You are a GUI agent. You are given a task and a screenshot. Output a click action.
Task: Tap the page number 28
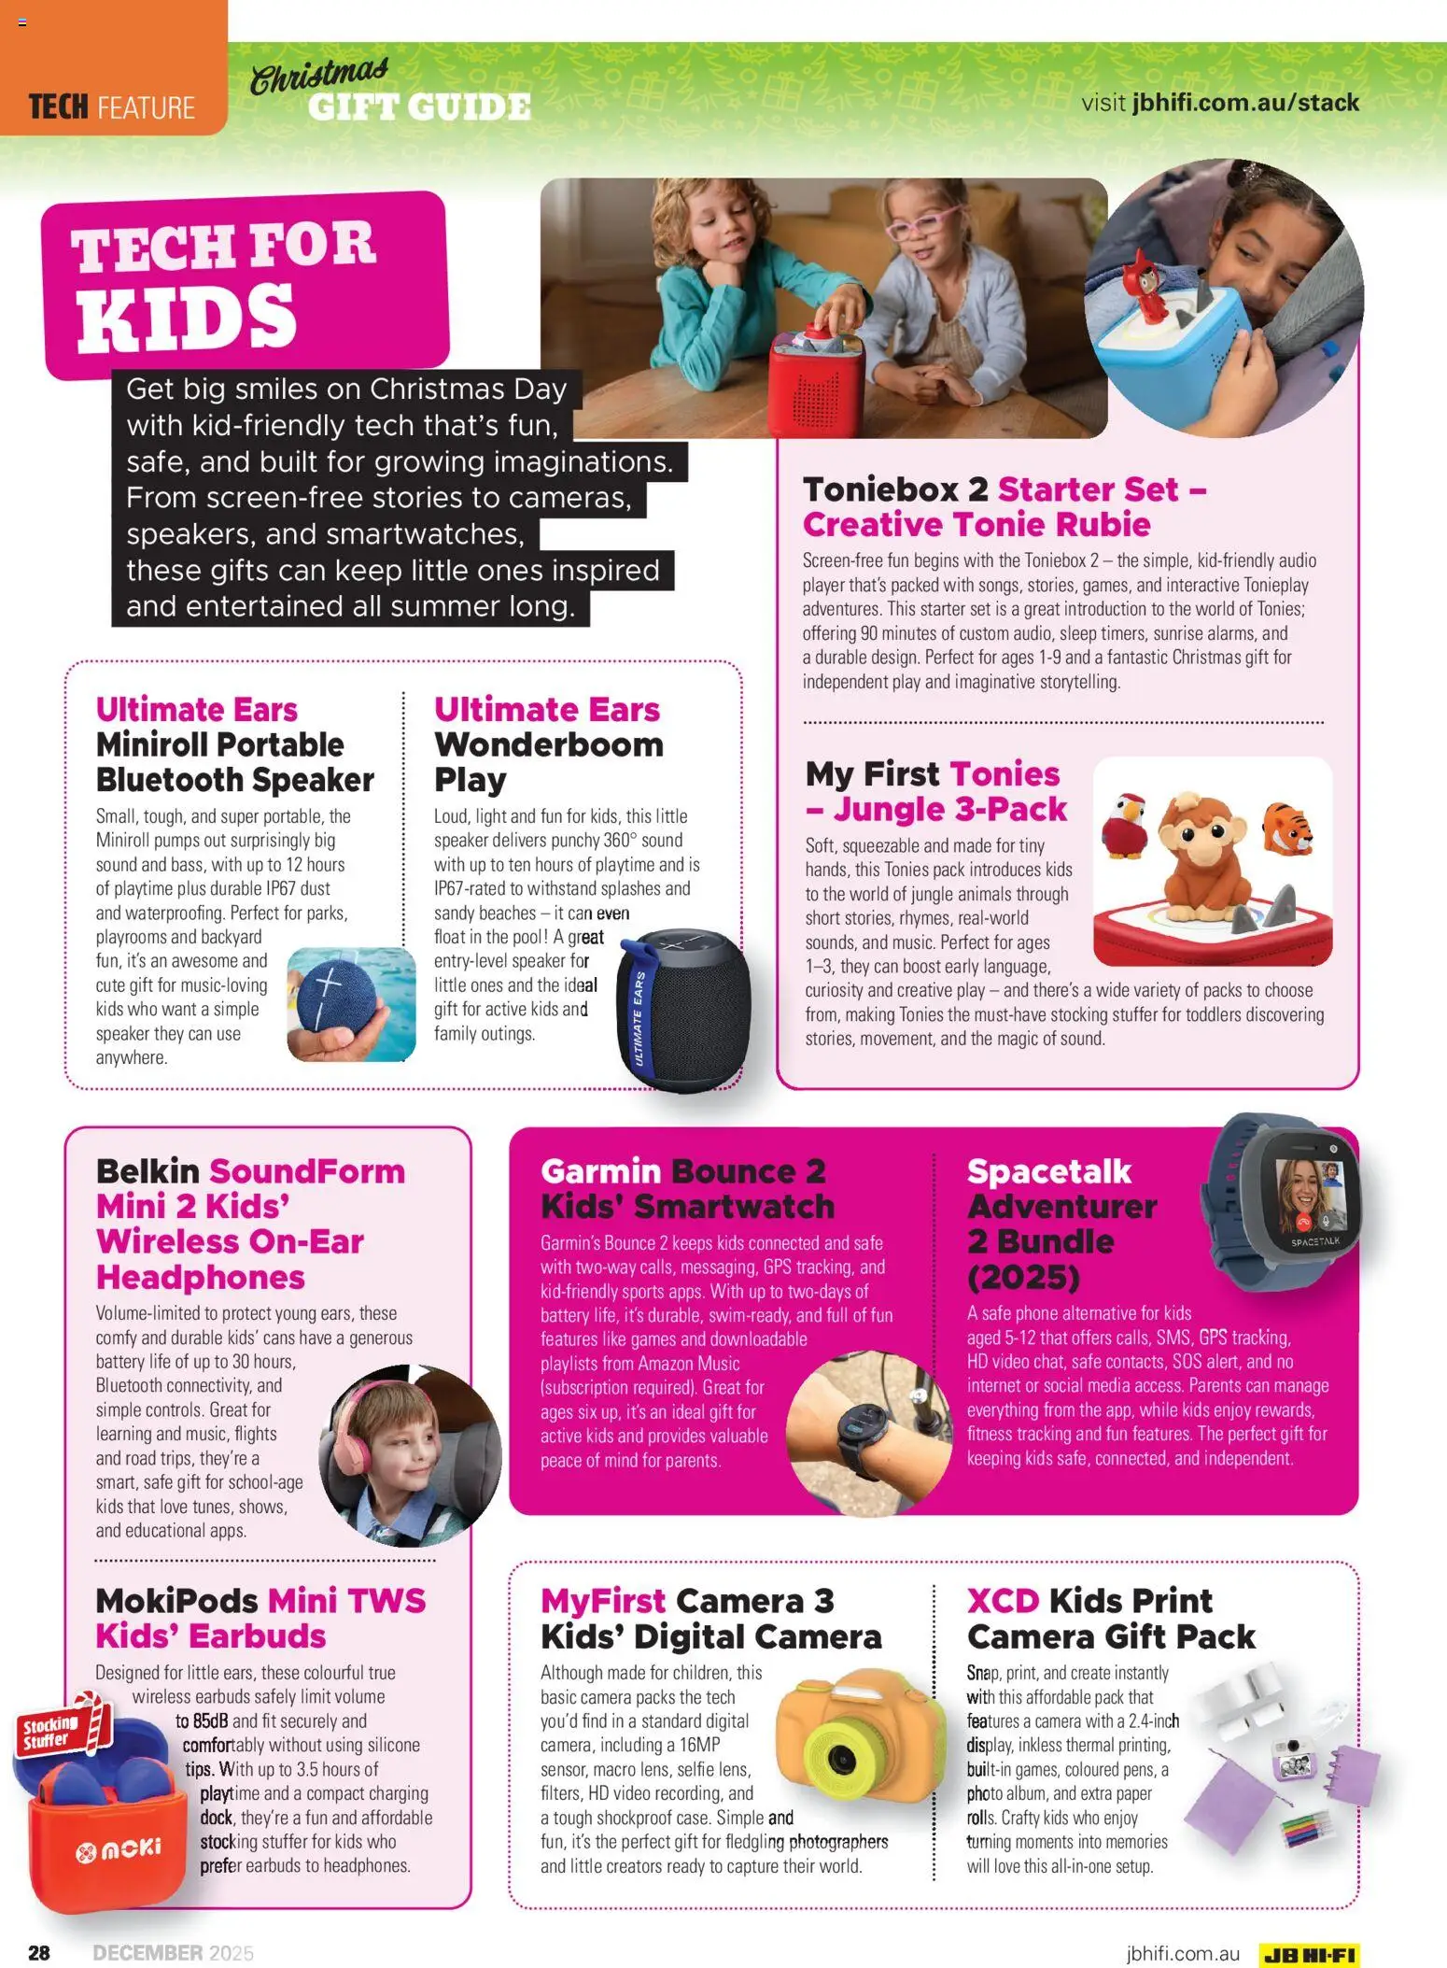pyautogui.click(x=39, y=1952)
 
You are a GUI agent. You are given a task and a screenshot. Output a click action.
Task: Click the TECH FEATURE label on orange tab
pyautogui.click(x=112, y=107)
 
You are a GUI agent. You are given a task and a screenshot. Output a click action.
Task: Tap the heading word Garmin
pyautogui.click(x=600, y=1171)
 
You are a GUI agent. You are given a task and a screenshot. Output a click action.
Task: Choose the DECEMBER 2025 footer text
pyautogui.click(x=173, y=1952)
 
